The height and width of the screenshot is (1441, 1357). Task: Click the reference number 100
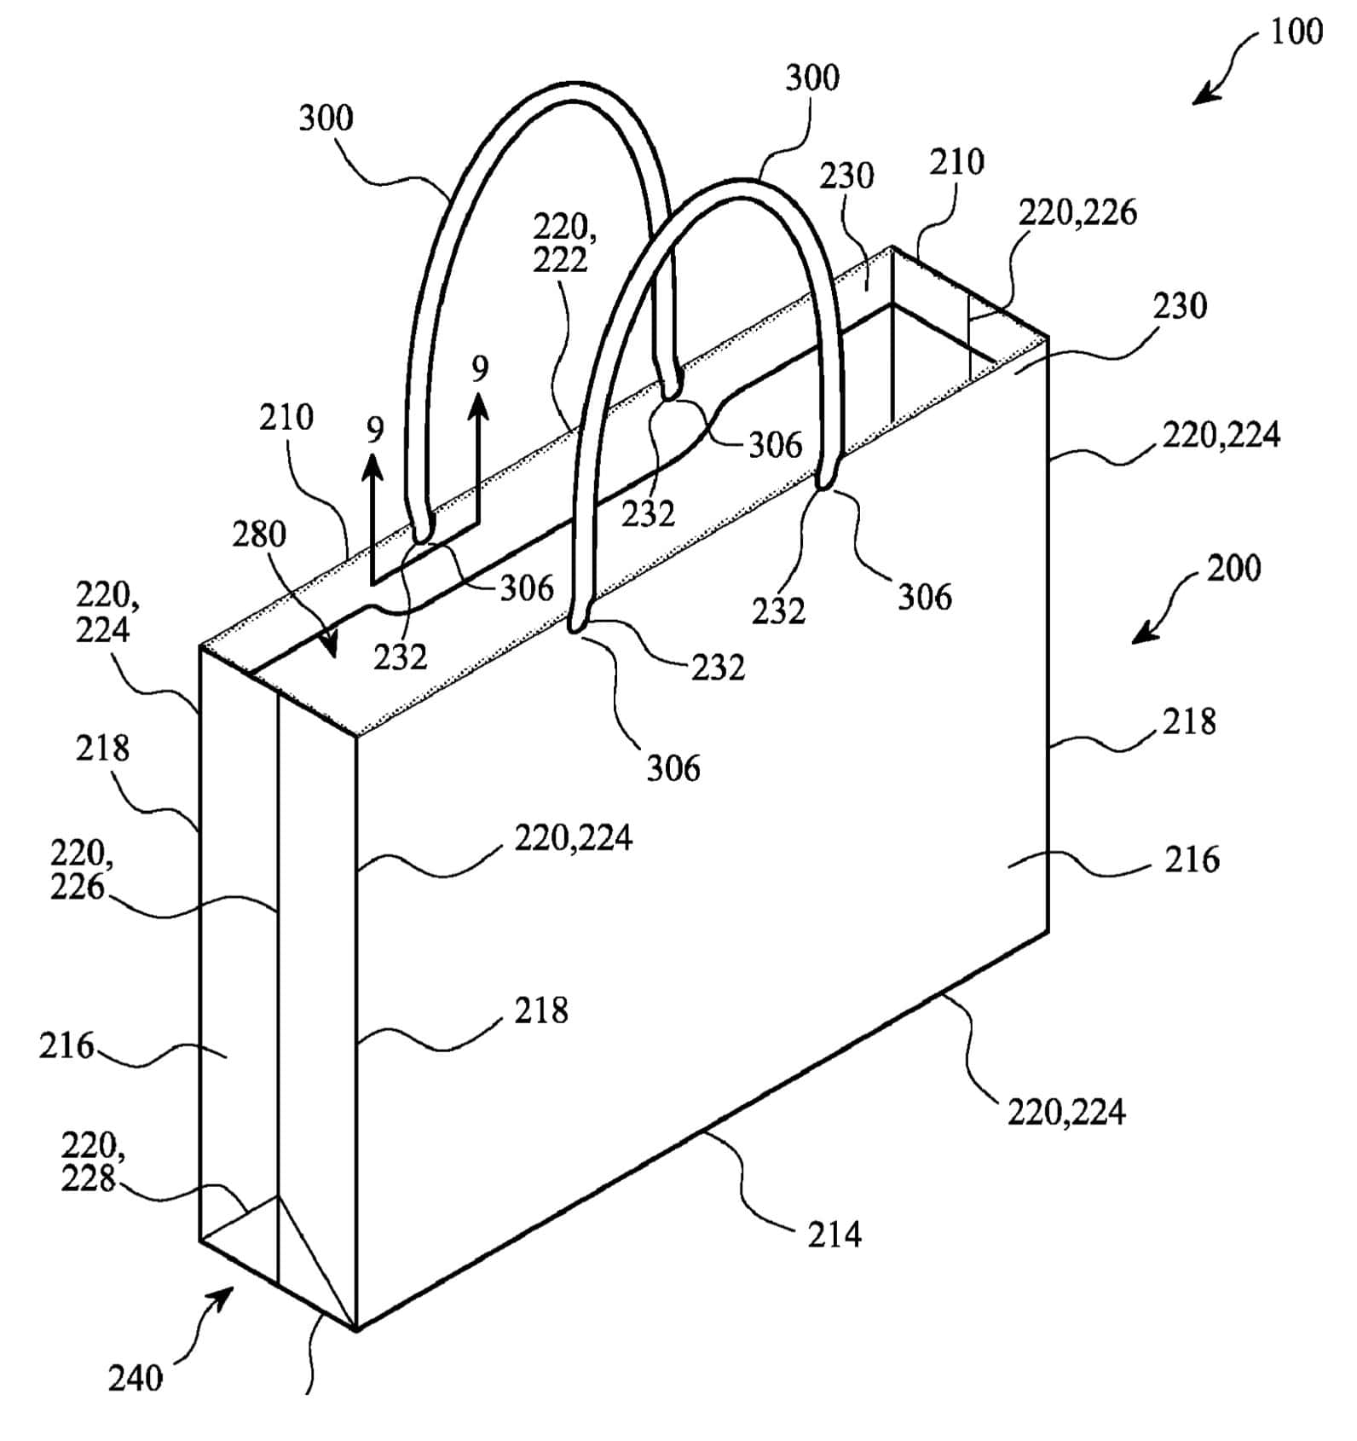tap(1296, 32)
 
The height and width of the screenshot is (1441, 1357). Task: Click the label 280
tap(259, 535)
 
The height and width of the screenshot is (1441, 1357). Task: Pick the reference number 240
tap(135, 1379)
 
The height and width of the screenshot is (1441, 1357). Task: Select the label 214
tap(834, 1235)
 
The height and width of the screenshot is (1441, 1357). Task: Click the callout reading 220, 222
tap(561, 243)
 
